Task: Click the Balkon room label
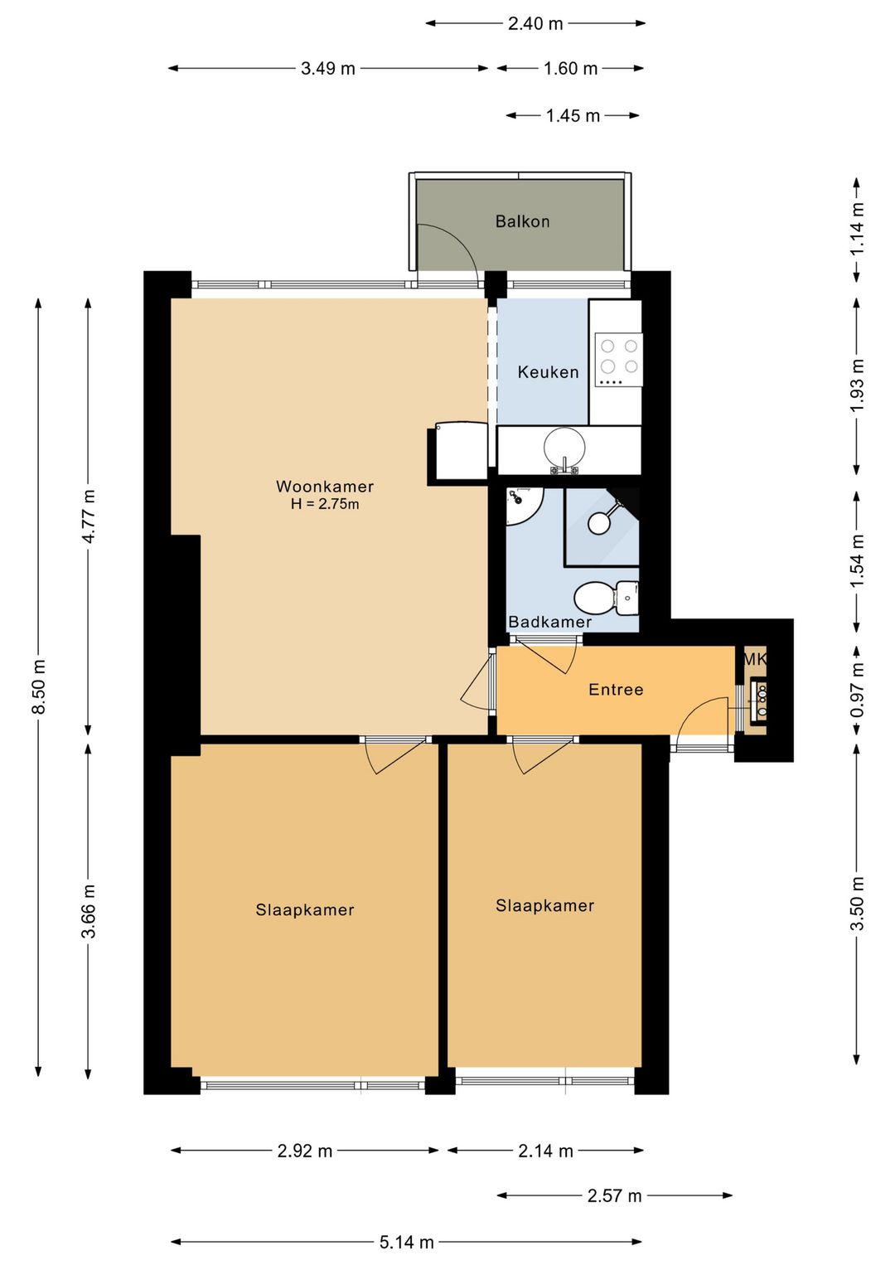(x=522, y=221)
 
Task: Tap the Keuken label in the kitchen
(x=549, y=372)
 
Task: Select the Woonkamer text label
(x=325, y=487)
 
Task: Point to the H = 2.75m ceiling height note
(x=325, y=504)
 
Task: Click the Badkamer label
(x=550, y=622)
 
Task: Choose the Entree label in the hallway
(x=616, y=690)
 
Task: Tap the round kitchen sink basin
(x=564, y=447)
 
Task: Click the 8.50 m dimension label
(x=39, y=686)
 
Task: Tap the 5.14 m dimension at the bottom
(x=407, y=1242)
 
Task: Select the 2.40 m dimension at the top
(x=535, y=24)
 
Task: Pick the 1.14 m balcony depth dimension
(x=857, y=229)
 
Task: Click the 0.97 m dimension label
(x=857, y=690)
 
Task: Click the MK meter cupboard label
(x=755, y=658)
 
